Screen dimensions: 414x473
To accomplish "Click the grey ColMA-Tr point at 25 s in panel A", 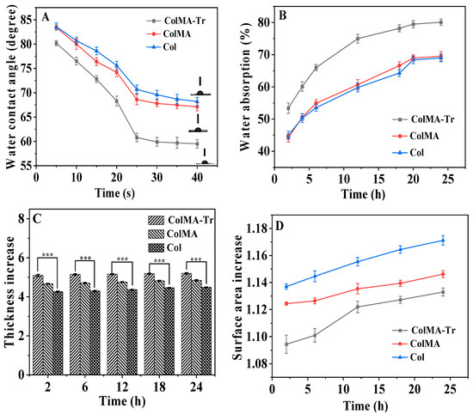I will click(x=137, y=137).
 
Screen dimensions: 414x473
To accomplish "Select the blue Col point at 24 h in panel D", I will click(x=442, y=240).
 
